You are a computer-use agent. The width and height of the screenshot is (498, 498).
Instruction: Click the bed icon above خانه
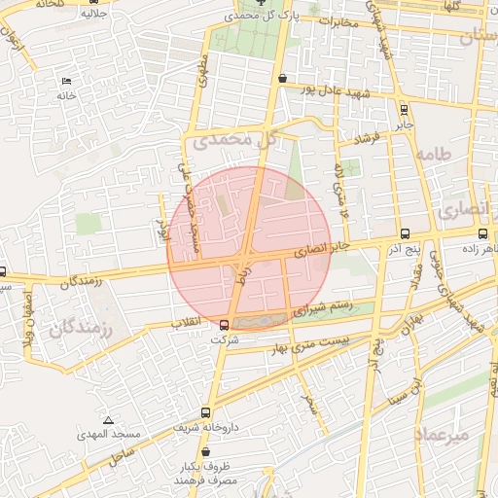click(x=66, y=80)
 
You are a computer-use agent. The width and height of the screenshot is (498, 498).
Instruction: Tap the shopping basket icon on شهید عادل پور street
click(x=282, y=79)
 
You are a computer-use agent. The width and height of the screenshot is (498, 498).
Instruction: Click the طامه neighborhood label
click(x=434, y=155)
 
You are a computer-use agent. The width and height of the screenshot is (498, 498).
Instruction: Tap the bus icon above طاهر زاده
click(x=483, y=234)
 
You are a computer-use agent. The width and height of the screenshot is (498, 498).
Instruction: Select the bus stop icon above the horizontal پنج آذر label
click(x=405, y=234)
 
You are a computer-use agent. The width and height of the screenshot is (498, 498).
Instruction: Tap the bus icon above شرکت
click(x=225, y=325)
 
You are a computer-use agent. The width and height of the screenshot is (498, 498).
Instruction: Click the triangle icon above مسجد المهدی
click(x=107, y=419)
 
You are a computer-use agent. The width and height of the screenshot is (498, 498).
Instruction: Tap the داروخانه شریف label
click(x=203, y=428)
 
